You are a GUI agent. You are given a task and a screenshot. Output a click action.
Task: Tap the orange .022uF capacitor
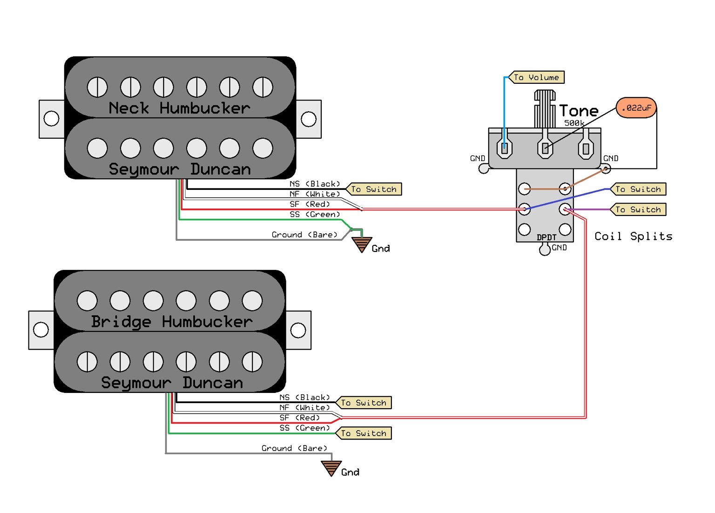(636, 108)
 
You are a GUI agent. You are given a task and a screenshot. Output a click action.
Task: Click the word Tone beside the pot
(579, 111)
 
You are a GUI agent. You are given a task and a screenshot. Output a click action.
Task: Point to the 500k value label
(574, 123)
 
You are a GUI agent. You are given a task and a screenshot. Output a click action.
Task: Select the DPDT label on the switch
(546, 237)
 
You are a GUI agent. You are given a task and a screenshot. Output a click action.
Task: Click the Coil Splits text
(633, 236)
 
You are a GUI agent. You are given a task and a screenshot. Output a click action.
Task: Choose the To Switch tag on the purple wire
(638, 209)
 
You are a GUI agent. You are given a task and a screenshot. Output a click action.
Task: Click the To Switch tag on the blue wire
(638, 189)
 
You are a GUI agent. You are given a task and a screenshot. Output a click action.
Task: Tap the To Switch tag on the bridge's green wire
(364, 433)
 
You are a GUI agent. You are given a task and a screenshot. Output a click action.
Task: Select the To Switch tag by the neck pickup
(374, 189)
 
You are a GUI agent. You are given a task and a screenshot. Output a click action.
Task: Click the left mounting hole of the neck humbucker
(51, 118)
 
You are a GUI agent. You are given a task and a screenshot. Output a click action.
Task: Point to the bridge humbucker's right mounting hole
(298, 331)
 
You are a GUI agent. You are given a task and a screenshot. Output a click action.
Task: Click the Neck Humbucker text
(179, 108)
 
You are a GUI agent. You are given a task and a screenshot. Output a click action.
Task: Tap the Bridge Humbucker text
(171, 322)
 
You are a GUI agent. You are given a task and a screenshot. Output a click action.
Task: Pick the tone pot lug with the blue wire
(505, 148)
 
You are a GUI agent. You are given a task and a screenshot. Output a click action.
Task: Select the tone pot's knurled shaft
(545, 109)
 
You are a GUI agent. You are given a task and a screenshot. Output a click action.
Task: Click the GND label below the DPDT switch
(559, 248)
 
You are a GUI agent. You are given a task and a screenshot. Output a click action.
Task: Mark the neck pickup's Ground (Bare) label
(304, 235)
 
